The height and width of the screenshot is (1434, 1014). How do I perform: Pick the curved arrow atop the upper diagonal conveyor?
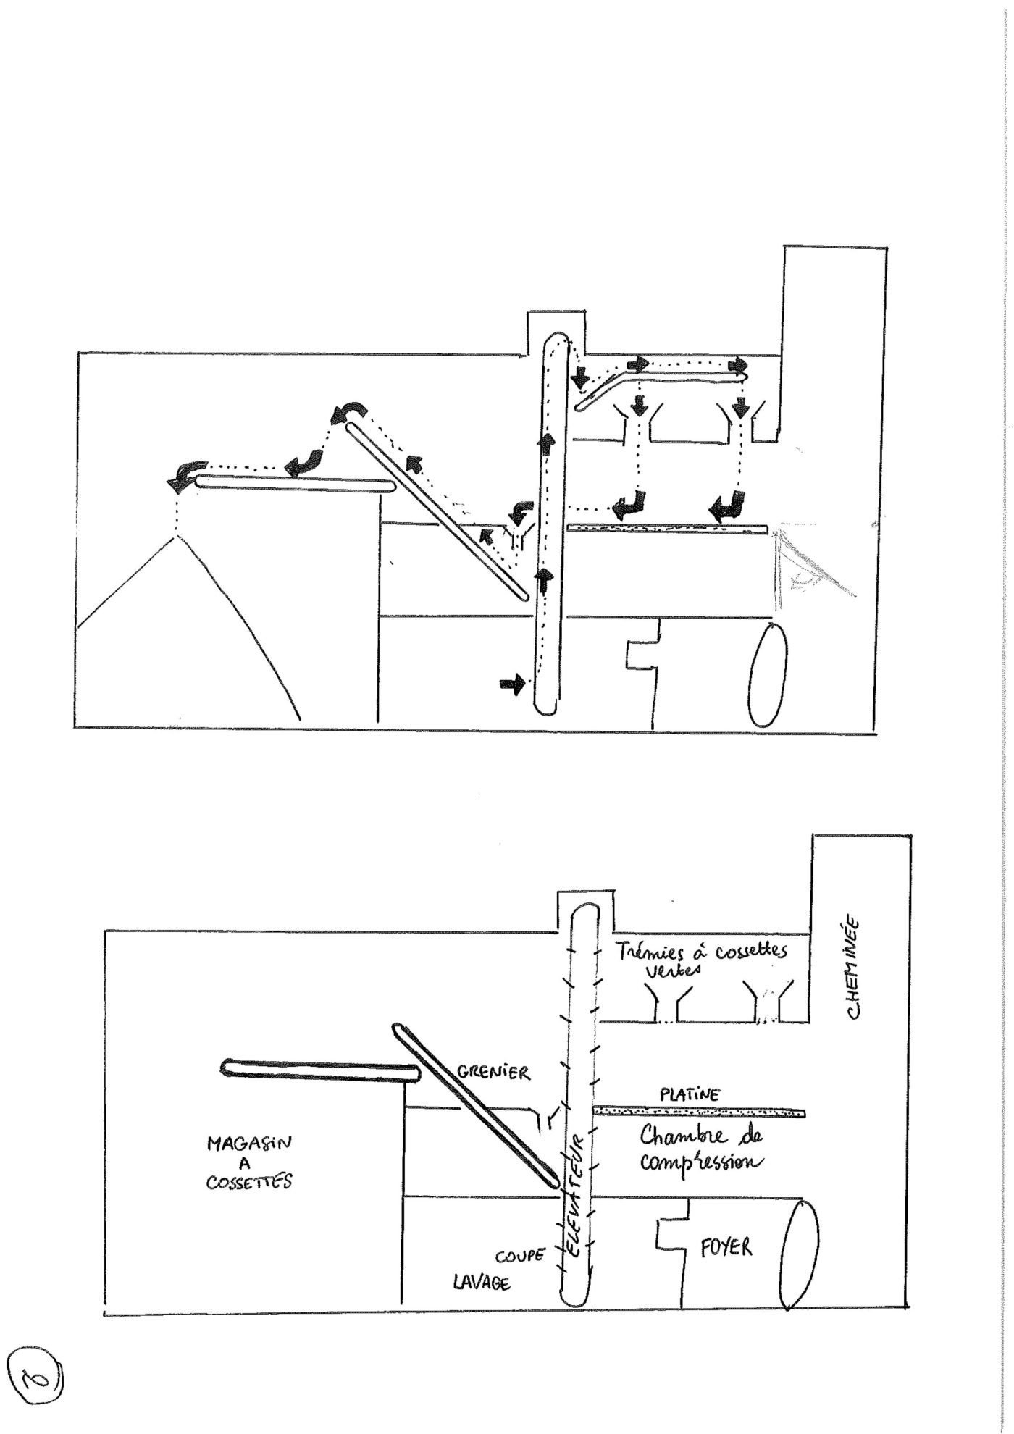coord(349,413)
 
